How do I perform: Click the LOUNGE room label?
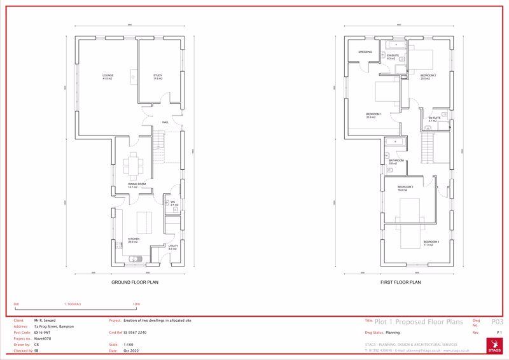pos(108,76)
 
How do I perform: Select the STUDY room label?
pos(157,76)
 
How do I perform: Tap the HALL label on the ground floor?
pos(165,121)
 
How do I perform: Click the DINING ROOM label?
pos(137,185)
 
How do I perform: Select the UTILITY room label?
pos(172,247)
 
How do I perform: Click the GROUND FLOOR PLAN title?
pos(135,282)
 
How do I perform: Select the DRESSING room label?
pos(365,52)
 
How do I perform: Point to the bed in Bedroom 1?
pos(384,95)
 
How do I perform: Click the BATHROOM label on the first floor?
pos(396,161)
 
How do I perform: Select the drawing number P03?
pos(498,322)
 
